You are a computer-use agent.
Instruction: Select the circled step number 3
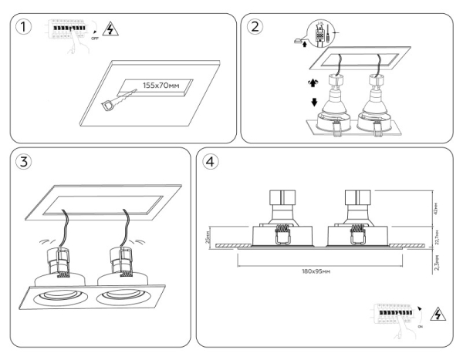click(x=25, y=163)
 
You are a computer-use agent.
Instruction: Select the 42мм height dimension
click(x=436, y=206)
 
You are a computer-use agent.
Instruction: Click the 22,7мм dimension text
click(x=436, y=232)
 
